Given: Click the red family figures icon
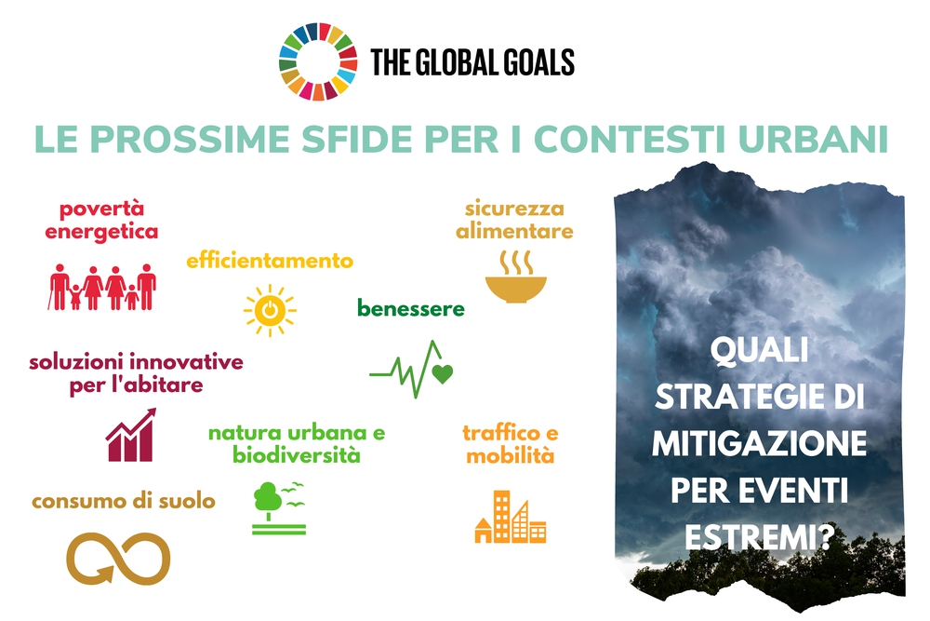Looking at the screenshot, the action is [x=102, y=287].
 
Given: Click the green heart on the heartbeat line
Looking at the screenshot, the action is [x=443, y=374].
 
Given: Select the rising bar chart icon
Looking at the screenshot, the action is [x=131, y=435].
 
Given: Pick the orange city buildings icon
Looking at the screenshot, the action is [x=511, y=517].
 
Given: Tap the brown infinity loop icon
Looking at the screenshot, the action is [x=118, y=558].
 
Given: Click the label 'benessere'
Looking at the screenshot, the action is [x=411, y=309].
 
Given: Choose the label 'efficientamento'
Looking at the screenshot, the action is [x=270, y=260].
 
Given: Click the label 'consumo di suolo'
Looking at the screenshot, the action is [x=124, y=501].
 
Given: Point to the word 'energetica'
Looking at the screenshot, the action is [x=101, y=232].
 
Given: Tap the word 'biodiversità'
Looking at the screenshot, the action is [x=297, y=455].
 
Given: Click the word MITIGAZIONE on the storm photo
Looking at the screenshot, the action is [x=759, y=444].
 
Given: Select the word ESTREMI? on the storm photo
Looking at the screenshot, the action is [x=760, y=537].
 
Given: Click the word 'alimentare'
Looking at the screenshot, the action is [x=515, y=231].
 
